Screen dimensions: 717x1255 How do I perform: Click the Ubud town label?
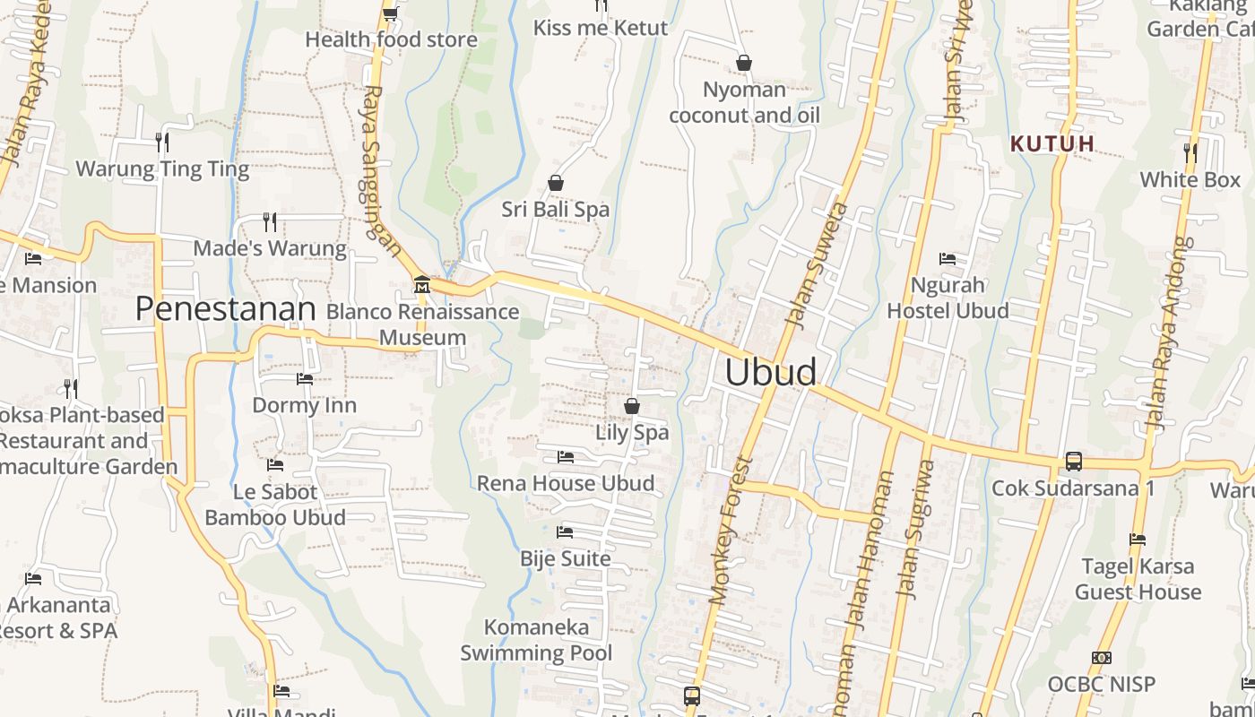tap(770, 372)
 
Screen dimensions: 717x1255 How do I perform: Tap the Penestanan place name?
tap(226, 309)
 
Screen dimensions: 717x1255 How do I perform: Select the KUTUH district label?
tap(1052, 143)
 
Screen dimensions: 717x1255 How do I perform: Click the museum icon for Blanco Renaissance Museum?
tap(421, 285)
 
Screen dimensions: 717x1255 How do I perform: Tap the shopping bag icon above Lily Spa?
tap(632, 406)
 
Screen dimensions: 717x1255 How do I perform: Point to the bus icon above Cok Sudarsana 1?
tap(1073, 462)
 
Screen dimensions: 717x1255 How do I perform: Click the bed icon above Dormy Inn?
tap(305, 379)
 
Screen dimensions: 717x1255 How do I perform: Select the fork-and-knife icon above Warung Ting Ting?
tap(161, 142)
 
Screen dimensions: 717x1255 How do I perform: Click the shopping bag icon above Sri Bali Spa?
tap(556, 183)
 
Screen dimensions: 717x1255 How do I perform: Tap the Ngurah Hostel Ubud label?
tap(948, 298)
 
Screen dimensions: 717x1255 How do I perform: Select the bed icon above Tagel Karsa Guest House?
tap(1138, 540)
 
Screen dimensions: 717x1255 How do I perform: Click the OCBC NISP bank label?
tap(1102, 684)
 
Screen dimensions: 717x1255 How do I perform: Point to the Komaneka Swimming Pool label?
tap(536, 640)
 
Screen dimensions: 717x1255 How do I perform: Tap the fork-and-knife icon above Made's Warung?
tap(269, 221)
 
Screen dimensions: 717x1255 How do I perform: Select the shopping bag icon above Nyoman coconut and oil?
tap(743, 63)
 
